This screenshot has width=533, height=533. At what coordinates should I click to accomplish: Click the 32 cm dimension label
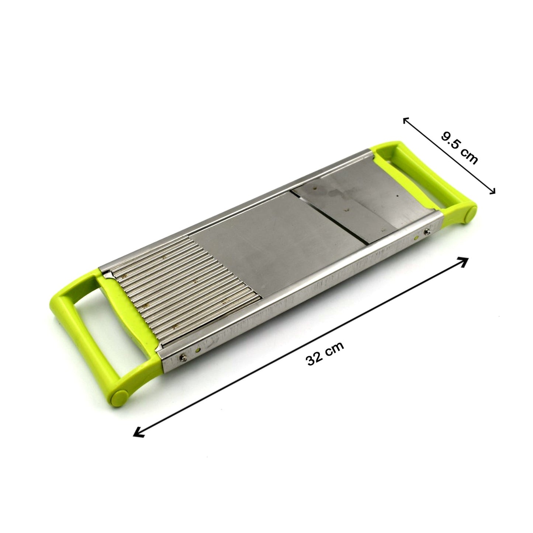click(x=325, y=353)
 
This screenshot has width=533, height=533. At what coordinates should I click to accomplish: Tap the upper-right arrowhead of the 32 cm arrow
click(x=464, y=261)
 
